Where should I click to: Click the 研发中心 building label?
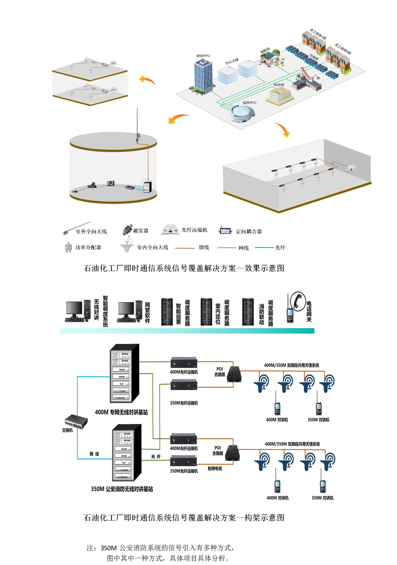click(x=203, y=55)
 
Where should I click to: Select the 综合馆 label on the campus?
click(x=279, y=85)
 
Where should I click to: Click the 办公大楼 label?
click(x=232, y=61)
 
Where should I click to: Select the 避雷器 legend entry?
click(x=141, y=231)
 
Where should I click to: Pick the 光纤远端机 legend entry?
click(x=194, y=230)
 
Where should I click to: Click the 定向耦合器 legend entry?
click(x=248, y=231)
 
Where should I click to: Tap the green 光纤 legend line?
click(x=264, y=247)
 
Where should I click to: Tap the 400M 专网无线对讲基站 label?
click(x=121, y=412)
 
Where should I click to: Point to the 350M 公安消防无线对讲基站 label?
click(x=122, y=489)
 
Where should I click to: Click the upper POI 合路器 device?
click(x=234, y=374)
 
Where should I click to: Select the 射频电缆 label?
click(x=215, y=468)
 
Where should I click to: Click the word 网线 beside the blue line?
click(x=94, y=454)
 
